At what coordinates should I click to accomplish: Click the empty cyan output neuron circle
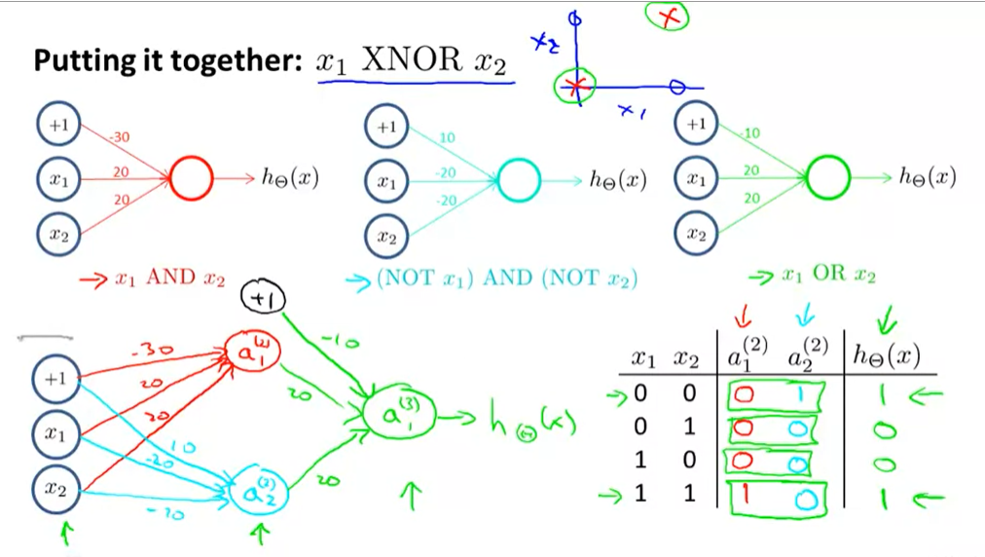(x=519, y=180)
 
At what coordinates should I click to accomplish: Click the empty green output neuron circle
(x=828, y=178)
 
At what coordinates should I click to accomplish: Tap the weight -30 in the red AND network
(x=119, y=138)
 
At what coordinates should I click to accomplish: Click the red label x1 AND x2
(x=156, y=280)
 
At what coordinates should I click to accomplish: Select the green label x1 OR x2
(x=827, y=276)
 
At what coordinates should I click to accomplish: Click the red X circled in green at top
(x=667, y=17)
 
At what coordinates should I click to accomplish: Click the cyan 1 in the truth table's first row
(x=798, y=393)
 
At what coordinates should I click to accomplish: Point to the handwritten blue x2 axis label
(x=543, y=42)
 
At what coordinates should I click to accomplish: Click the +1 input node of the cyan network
(x=386, y=128)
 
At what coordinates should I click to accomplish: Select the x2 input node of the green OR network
(x=695, y=233)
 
